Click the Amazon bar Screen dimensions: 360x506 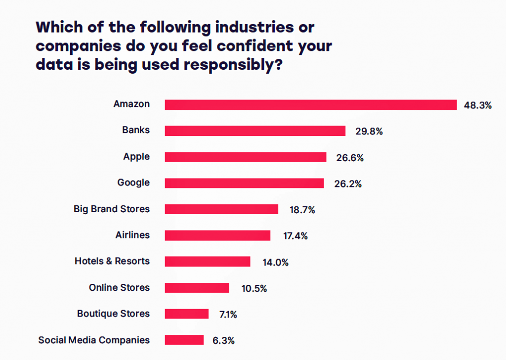click(310, 105)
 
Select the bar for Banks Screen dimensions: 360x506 click(255, 131)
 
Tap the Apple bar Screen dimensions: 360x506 click(246, 157)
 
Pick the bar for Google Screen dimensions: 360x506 click(244, 183)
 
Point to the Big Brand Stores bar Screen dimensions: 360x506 click(221, 209)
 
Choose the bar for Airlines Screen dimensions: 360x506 click(217, 235)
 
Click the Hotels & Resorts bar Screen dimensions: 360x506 click(208, 262)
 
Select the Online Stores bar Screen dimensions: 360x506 click(197, 288)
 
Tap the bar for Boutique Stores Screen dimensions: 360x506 click(187, 314)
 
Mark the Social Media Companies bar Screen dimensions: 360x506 click(184, 340)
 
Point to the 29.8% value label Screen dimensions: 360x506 click(369, 132)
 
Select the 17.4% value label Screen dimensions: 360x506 click(295, 236)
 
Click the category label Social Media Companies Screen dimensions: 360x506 click(94, 340)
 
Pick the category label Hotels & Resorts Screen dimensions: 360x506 click(112, 261)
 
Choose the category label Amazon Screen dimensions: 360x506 click(131, 104)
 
